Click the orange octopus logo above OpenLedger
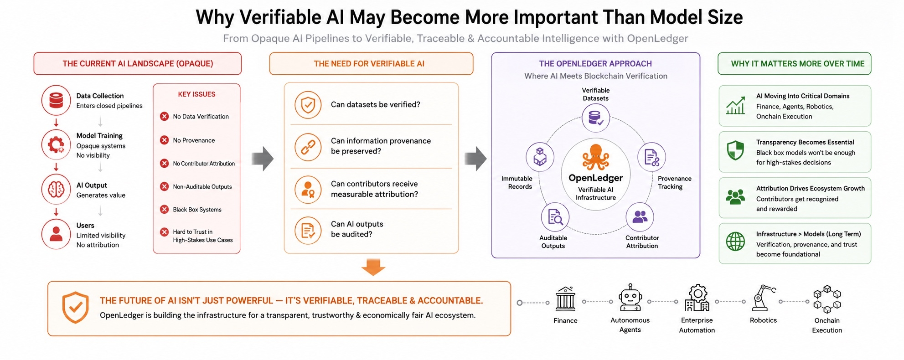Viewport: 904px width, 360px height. [x=595, y=157]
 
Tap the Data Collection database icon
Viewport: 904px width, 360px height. [x=56, y=100]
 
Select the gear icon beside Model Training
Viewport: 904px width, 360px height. [x=56, y=144]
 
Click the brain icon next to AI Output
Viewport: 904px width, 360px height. [x=56, y=189]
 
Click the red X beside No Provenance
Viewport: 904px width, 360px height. [x=165, y=140]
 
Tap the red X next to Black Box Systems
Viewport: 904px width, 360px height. [x=165, y=209]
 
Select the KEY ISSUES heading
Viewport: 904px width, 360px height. [x=196, y=94]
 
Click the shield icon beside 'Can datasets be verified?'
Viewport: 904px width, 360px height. [x=308, y=105]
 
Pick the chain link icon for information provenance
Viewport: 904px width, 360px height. [x=308, y=147]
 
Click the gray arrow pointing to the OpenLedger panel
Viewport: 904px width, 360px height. [x=476, y=158]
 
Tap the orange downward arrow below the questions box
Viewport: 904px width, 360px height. [x=373, y=267]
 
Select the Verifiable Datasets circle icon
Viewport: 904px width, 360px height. [x=595, y=118]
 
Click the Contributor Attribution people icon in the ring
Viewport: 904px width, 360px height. [x=640, y=217]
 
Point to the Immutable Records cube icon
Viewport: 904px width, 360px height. [x=540, y=157]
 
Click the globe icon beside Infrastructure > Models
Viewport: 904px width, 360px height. [x=735, y=242]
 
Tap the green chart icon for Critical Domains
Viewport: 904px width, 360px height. [x=735, y=105]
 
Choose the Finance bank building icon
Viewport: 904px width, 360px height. [x=565, y=299]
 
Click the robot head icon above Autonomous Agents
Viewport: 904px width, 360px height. [x=630, y=298]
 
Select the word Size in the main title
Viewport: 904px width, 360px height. [x=725, y=17]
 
